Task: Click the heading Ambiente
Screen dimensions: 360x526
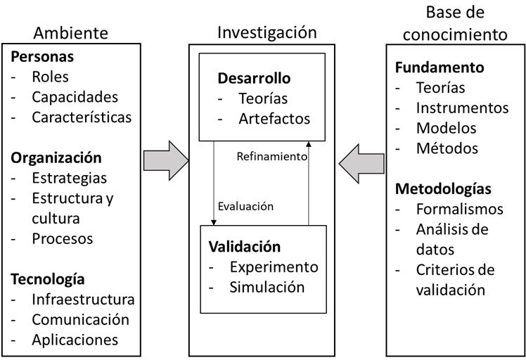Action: pyautogui.click(x=72, y=33)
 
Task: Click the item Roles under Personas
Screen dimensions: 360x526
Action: pyautogui.click(x=51, y=77)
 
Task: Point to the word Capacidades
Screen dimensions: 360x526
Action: pyautogui.click(x=75, y=97)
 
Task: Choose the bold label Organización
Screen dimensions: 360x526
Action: pyautogui.click(x=56, y=157)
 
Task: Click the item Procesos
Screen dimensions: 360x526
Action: pyautogui.click(x=62, y=238)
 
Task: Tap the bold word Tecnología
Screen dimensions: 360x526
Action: pyautogui.click(x=48, y=279)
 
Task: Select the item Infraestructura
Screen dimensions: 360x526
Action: pyautogui.click(x=83, y=300)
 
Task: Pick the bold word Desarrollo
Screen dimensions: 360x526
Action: pyautogui.click(x=254, y=78)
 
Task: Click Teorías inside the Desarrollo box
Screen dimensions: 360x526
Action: pyautogui.click(x=262, y=98)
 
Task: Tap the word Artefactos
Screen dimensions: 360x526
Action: pyautogui.click(x=274, y=118)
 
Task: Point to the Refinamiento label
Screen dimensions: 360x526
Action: pyautogui.click(x=272, y=157)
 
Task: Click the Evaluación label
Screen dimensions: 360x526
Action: pyautogui.click(x=245, y=207)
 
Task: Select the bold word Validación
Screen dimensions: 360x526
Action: pyautogui.click(x=244, y=247)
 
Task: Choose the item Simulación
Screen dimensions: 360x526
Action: pyautogui.click(x=267, y=287)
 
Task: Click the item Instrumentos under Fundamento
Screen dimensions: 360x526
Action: pyautogui.click(x=462, y=108)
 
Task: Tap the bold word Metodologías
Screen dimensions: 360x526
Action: pyautogui.click(x=443, y=189)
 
